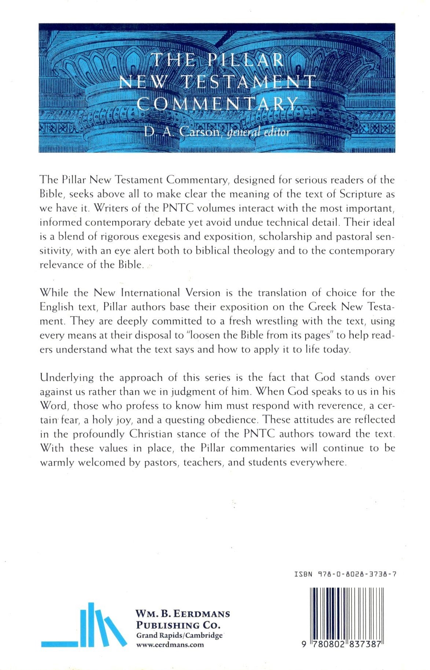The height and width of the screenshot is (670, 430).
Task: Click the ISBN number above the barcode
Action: pyautogui.click(x=345, y=574)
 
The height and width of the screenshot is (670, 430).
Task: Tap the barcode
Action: pyautogui.click(x=346, y=617)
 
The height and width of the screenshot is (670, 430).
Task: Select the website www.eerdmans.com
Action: pyautogui.click(x=170, y=645)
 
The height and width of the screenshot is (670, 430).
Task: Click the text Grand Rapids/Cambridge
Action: pyautogui.click(x=179, y=635)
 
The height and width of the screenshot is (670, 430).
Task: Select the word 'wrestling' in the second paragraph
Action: pyautogui.click(x=275, y=321)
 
